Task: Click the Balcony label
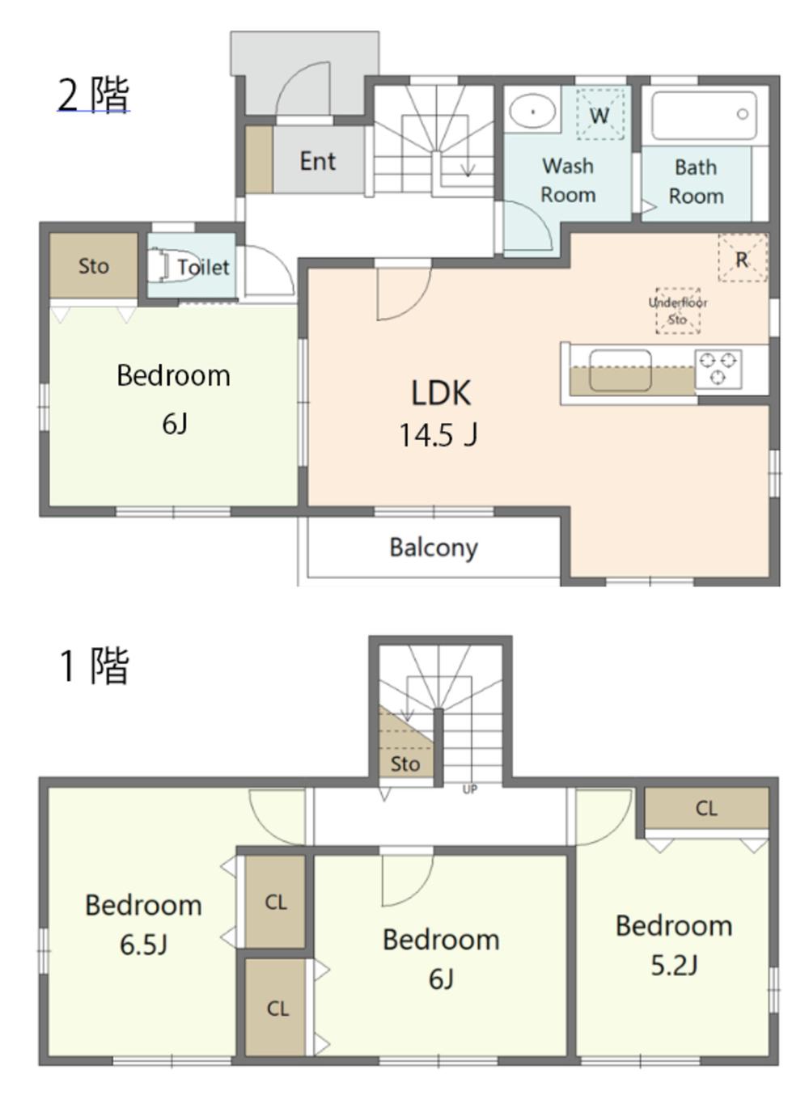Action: pyautogui.click(x=434, y=548)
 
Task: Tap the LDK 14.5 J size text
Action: pyautogui.click(x=438, y=436)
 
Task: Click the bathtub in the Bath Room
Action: pyautogui.click(x=704, y=116)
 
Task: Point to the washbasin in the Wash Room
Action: pyautogui.click(x=532, y=112)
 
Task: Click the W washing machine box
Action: pyautogui.click(x=599, y=114)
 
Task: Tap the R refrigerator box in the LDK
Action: pyautogui.click(x=742, y=258)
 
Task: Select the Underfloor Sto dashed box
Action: pyautogui.click(x=678, y=311)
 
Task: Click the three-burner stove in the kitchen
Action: pyautogui.click(x=718, y=368)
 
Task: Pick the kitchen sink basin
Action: pyautogui.click(x=621, y=370)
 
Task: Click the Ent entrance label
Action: pyautogui.click(x=318, y=161)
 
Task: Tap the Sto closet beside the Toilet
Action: pyautogui.click(x=94, y=265)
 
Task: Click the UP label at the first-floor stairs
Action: pyautogui.click(x=469, y=790)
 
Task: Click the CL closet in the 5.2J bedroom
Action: pyautogui.click(x=706, y=809)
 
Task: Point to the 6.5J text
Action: pyautogui.click(x=143, y=945)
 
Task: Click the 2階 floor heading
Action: pyautogui.click(x=94, y=95)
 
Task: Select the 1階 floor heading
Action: pyautogui.click(x=94, y=666)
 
